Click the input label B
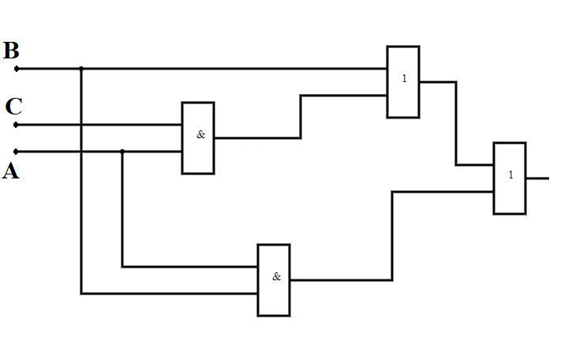tap(11, 51)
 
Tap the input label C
tap(13, 107)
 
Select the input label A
tap(11, 171)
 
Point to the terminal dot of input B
tap(17, 69)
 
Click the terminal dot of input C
tap(17, 125)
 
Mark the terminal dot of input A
tap(17, 151)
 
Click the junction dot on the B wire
tap(81, 69)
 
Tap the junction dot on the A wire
tap(122, 151)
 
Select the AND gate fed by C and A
tap(198, 138)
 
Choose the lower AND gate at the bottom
tap(274, 280)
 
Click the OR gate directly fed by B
tap(403, 82)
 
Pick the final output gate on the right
tap(510, 178)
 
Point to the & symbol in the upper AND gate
tap(200, 135)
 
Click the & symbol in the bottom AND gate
tap(276, 277)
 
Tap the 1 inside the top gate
tap(405, 79)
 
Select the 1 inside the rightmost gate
tap(510, 175)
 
